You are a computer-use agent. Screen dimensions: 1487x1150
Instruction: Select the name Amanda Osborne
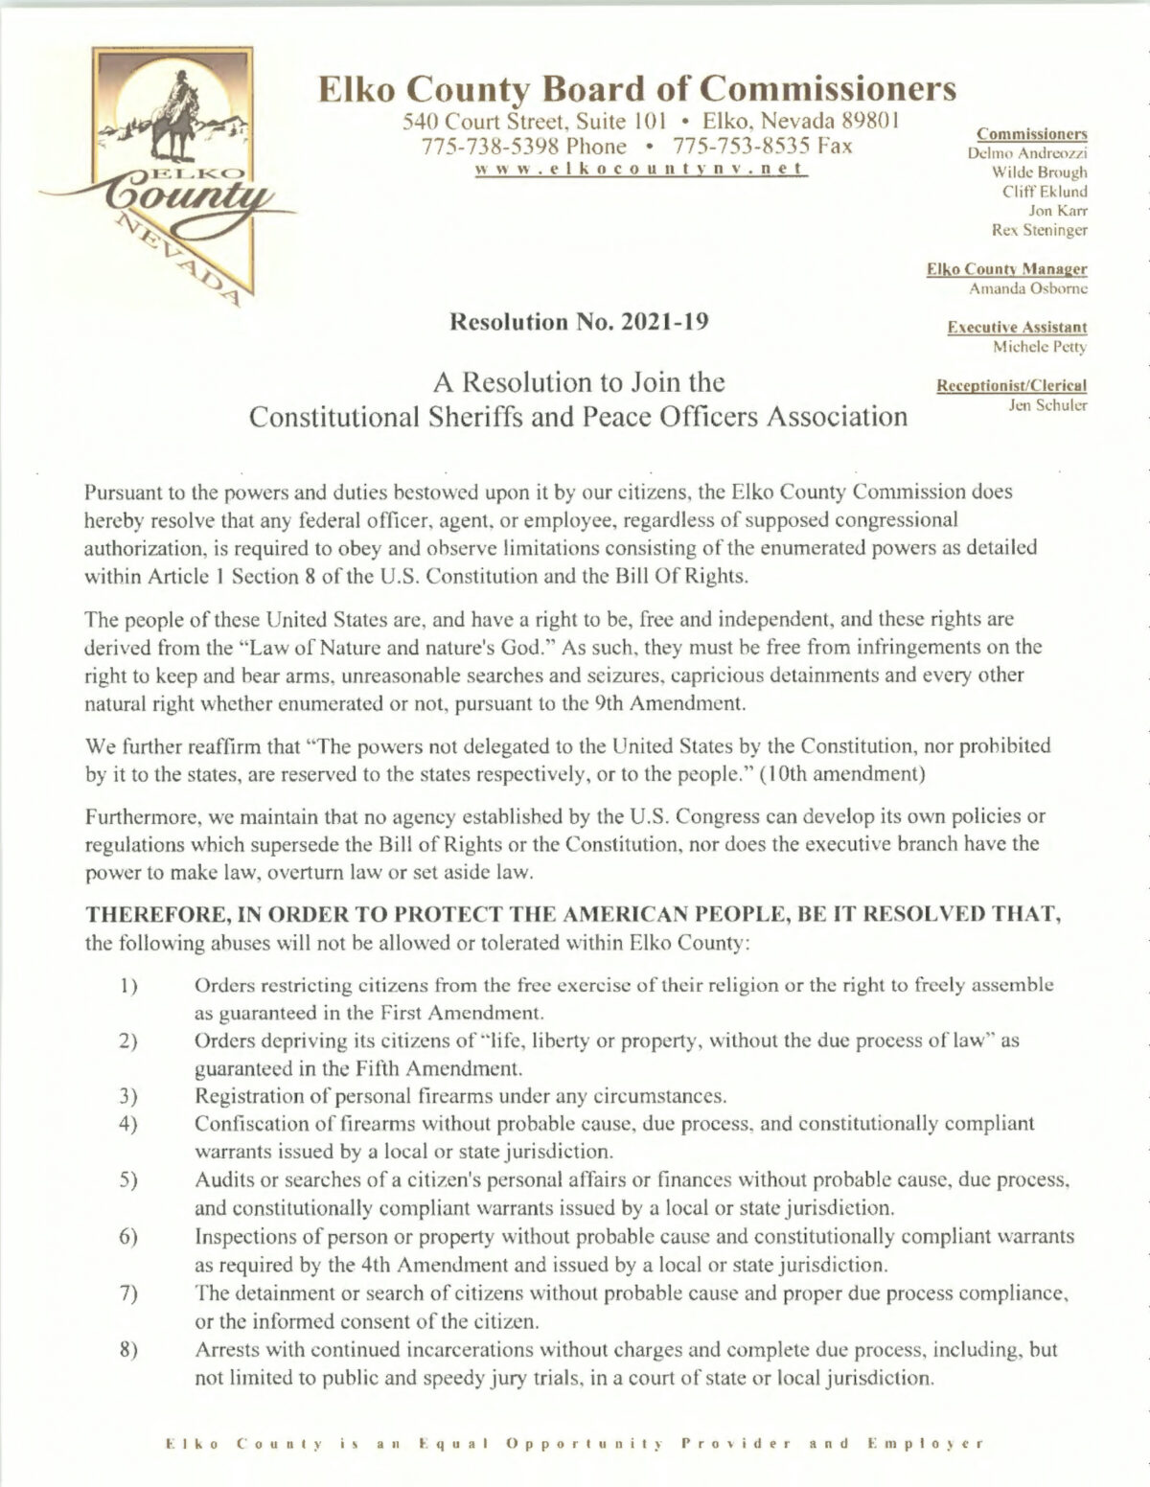click(1028, 287)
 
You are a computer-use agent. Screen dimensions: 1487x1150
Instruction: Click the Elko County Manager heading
click(1006, 270)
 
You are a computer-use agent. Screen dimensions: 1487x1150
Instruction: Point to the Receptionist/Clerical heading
click(1003, 387)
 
